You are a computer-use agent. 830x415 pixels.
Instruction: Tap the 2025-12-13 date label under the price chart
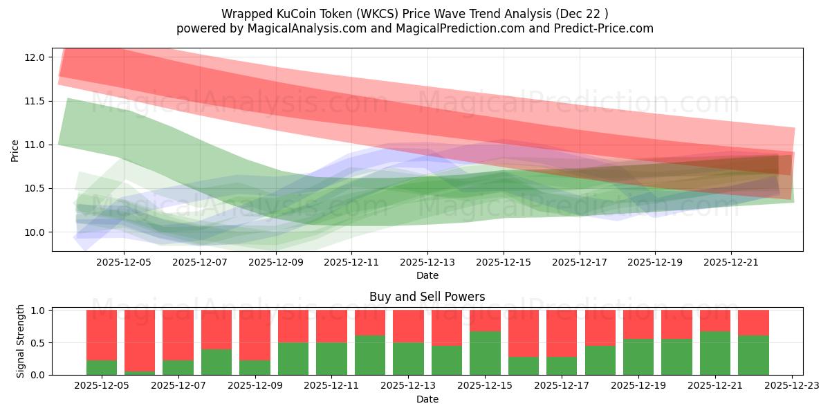click(x=427, y=263)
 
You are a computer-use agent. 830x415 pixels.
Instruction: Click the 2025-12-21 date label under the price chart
click(x=731, y=263)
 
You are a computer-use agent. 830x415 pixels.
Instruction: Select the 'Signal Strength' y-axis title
click(x=21, y=341)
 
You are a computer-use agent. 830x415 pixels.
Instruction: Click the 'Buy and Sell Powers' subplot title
click(x=427, y=297)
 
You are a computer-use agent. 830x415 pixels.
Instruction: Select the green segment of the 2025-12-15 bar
click(x=485, y=353)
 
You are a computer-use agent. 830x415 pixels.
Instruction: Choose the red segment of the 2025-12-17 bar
click(x=562, y=333)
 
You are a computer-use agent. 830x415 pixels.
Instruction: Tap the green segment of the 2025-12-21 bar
click(x=714, y=353)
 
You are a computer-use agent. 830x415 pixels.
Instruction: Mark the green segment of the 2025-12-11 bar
click(x=331, y=358)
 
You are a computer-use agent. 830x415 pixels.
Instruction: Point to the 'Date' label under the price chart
click(x=427, y=275)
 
